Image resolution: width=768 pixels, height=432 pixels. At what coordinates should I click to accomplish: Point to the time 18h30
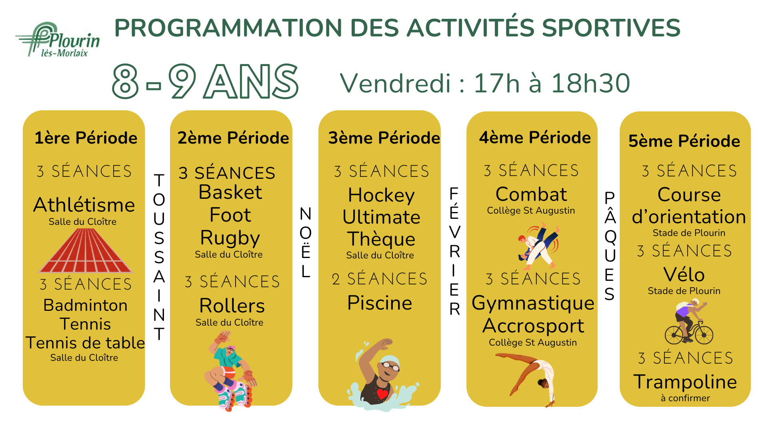coord(590,83)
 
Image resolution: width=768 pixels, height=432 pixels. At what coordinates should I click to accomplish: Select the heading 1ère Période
coord(86,138)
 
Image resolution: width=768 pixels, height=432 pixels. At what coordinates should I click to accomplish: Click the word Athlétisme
coord(84,205)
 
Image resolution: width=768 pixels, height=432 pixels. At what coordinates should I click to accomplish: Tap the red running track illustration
coord(85,251)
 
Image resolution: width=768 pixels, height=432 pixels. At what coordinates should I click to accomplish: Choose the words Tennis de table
coord(85,343)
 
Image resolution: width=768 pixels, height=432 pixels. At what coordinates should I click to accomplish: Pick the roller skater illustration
coord(231,371)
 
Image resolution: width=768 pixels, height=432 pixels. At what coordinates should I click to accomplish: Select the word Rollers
coord(232,306)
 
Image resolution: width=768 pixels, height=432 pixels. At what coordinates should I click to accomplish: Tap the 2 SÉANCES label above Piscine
coord(379,279)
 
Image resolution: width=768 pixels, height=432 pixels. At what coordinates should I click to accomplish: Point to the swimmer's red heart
coord(382,394)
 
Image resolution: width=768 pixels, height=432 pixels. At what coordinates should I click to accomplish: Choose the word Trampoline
coord(685,382)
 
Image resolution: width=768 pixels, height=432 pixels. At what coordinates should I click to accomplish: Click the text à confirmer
coord(685,398)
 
